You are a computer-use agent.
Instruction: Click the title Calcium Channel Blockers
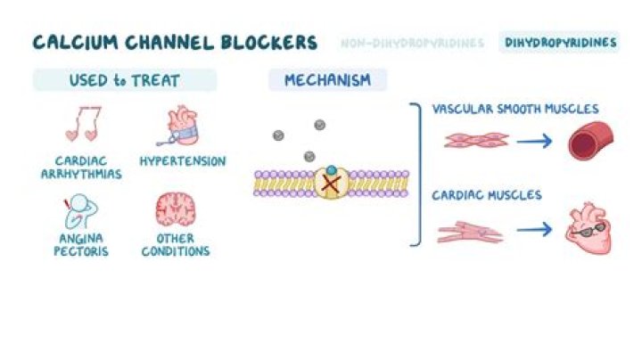pos(175,42)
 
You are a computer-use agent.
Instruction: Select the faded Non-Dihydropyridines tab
pos(412,43)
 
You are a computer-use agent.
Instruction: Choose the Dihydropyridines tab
pos(560,43)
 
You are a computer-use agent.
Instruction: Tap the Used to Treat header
pos(124,81)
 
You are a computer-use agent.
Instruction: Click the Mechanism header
pos(327,81)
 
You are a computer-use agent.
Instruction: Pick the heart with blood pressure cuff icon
pos(181,126)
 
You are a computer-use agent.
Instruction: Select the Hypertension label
pos(182,161)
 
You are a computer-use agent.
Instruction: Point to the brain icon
pos(175,210)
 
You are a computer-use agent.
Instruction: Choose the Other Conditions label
pos(176,245)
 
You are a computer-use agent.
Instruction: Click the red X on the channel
pos(330,183)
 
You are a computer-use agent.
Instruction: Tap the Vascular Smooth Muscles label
pos(514,110)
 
